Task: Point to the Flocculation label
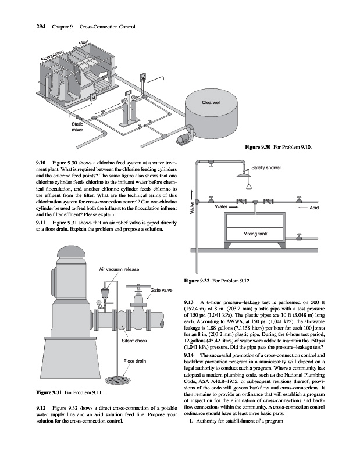click(54, 57)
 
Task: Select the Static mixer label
click(77, 127)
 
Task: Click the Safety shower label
click(266, 168)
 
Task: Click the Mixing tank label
click(255, 234)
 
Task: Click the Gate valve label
click(162, 289)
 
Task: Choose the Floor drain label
click(134, 361)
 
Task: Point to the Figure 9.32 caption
click(217, 281)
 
